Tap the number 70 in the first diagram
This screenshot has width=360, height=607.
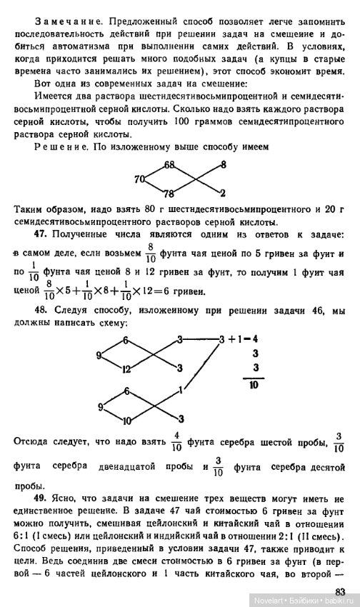click(x=139, y=179)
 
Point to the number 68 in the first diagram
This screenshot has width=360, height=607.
click(x=169, y=165)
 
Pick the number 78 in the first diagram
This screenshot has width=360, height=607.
click(x=169, y=194)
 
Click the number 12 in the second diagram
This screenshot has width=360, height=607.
click(x=126, y=369)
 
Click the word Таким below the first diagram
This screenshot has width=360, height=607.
click(x=30, y=211)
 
